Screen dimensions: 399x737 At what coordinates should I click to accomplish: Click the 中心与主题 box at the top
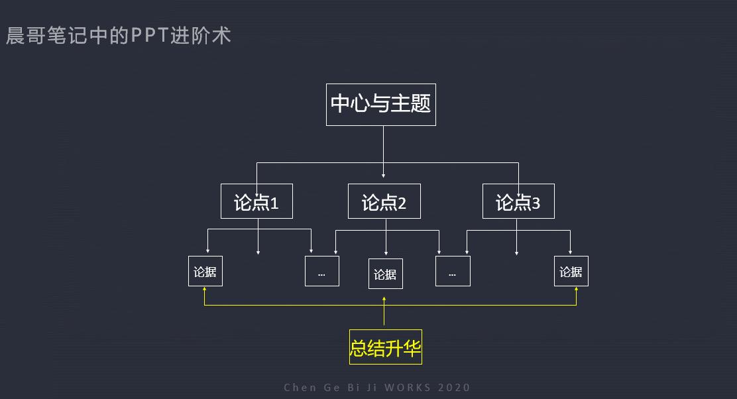380,104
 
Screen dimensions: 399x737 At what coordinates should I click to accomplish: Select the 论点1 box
256,201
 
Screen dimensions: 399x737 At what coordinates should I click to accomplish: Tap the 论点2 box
384,201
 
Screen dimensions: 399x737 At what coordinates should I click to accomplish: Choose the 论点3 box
518,201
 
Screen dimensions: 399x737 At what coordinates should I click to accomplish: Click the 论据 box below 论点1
205,272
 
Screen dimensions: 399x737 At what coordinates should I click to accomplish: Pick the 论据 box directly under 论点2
385,274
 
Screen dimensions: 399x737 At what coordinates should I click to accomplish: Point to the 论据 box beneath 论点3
571,272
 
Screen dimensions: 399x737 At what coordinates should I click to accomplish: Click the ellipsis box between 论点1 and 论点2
321,272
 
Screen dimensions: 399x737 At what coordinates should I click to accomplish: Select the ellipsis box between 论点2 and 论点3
453,272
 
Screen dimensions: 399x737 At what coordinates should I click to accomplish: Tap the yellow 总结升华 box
385,347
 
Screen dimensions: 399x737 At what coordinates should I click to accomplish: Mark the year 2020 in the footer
454,388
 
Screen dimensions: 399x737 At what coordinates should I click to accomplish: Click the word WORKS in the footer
408,388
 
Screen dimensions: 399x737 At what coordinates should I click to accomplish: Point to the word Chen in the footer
301,388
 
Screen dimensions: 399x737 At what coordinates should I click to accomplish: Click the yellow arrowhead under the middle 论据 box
384,299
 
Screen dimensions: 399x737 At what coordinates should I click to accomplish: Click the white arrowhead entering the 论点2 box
384,175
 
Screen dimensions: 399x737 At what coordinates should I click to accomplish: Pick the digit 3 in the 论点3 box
536,203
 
